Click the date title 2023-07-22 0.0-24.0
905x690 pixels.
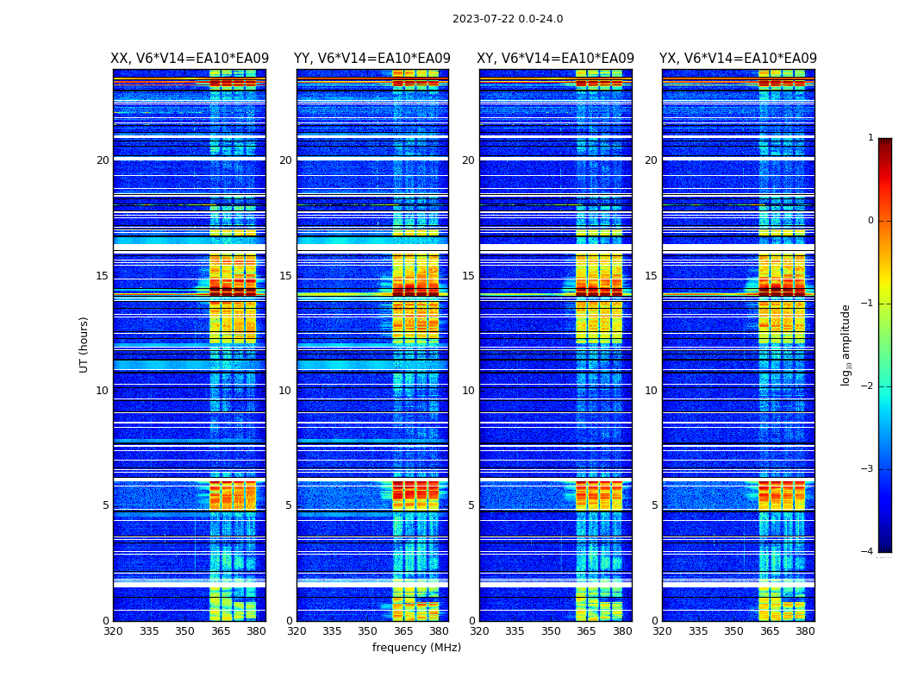(x=508, y=19)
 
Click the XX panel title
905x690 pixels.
(x=190, y=59)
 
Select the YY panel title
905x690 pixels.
(x=372, y=59)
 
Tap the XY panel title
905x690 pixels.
(x=555, y=59)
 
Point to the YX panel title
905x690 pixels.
(x=738, y=59)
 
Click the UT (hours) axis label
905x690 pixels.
(x=84, y=344)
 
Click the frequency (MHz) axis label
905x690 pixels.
(x=416, y=648)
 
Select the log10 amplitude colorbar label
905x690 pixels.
(x=846, y=344)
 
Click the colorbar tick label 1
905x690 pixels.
(x=871, y=138)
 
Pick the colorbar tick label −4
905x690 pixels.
(x=868, y=552)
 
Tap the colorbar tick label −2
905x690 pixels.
(x=868, y=386)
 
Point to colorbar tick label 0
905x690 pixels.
(x=871, y=221)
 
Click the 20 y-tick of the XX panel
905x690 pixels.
(x=103, y=160)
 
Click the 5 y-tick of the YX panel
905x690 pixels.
(x=654, y=505)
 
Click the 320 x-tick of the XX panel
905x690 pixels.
(x=113, y=631)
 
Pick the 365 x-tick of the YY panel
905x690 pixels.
(x=403, y=631)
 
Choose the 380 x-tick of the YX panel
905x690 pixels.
(x=805, y=631)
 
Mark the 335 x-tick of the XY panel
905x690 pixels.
(x=515, y=631)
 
